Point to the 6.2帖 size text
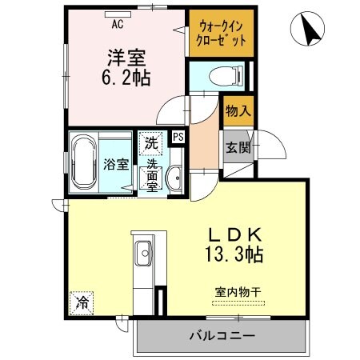point(126,78)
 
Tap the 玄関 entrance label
point(238,147)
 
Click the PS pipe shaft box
point(178,136)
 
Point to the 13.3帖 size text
point(232,256)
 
